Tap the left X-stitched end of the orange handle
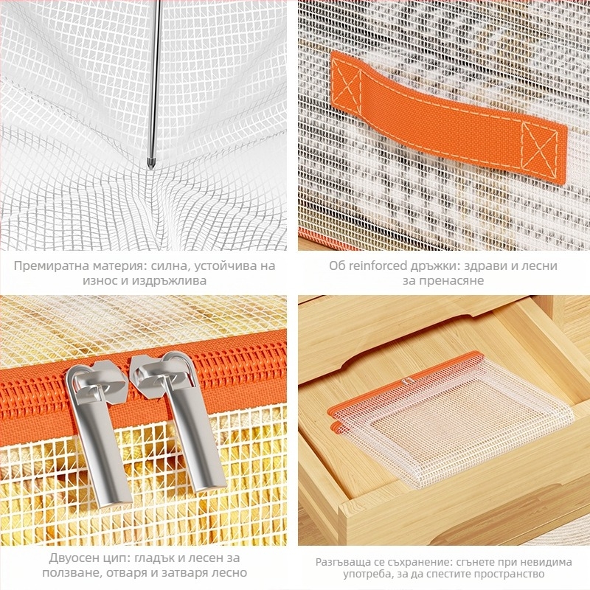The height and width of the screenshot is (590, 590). coord(346,86)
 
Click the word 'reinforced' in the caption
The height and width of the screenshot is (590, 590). coord(378,265)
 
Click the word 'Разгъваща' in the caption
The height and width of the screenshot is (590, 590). coord(344,563)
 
